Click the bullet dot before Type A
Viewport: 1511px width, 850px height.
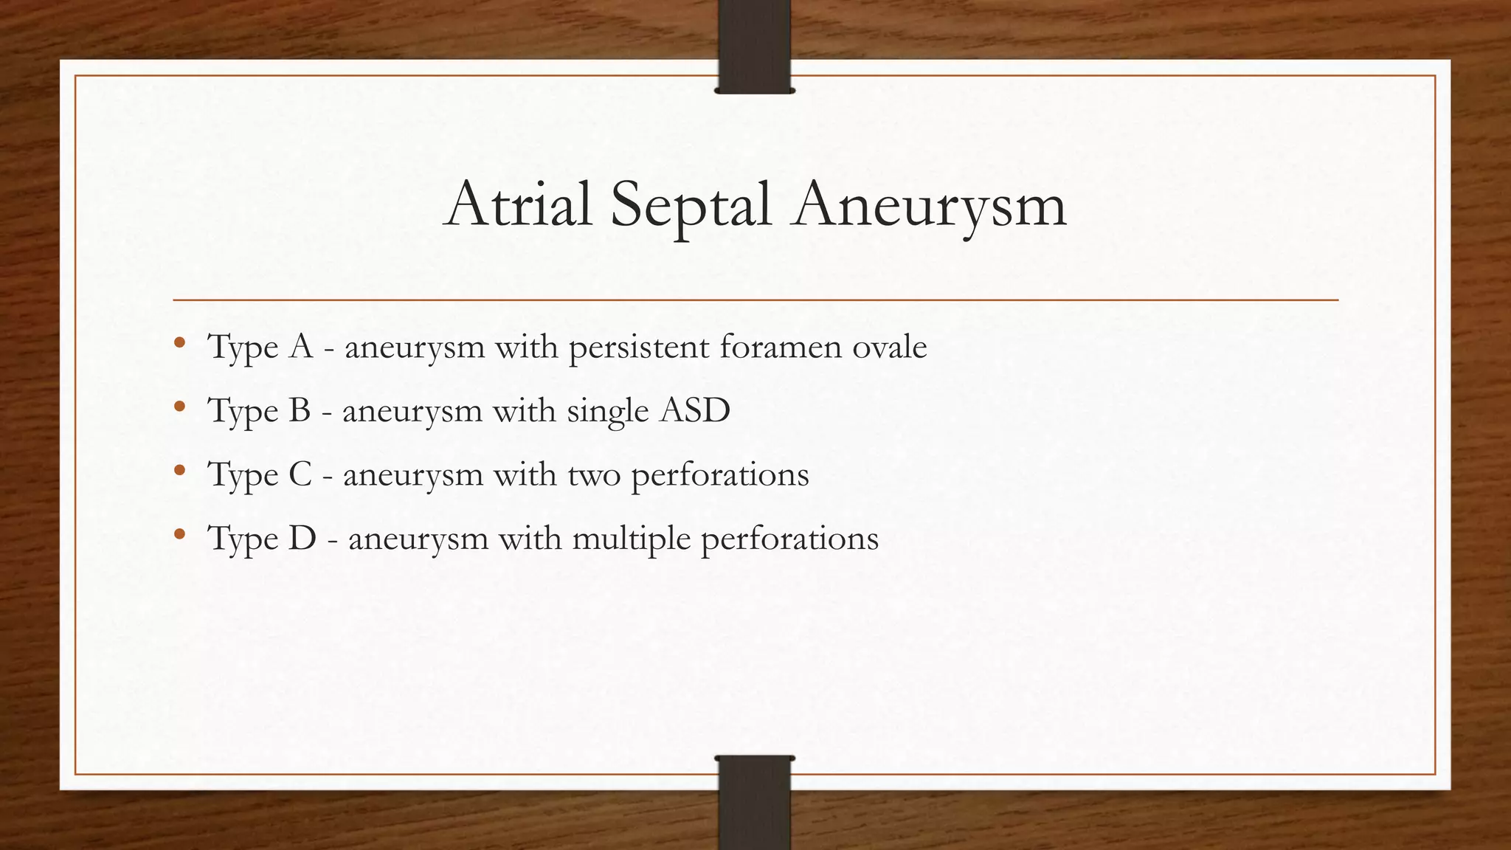(x=179, y=343)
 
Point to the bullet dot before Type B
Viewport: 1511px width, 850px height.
(x=179, y=407)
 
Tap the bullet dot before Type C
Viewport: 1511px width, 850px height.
(x=179, y=471)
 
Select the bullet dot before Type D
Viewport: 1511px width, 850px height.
(x=179, y=534)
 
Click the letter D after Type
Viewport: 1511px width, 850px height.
(x=302, y=538)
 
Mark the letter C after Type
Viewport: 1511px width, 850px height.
(x=300, y=474)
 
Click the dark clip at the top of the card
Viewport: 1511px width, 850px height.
(x=754, y=46)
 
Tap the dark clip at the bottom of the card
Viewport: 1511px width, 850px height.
(x=754, y=803)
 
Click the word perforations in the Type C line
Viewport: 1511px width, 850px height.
(x=720, y=474)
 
